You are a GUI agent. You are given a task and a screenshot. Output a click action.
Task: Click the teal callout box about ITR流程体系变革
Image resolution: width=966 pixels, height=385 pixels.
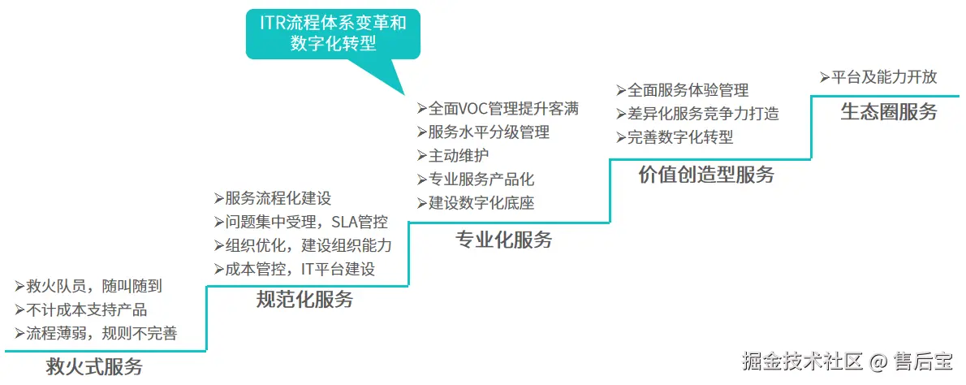tap(333, 32)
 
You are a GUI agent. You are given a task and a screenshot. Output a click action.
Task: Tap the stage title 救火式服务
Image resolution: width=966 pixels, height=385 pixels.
tap(95, 366)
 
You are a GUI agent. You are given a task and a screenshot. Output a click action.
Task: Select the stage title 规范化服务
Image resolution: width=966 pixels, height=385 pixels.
tap(305, 299)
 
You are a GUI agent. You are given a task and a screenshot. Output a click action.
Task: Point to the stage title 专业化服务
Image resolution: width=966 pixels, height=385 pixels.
tap(504, 240)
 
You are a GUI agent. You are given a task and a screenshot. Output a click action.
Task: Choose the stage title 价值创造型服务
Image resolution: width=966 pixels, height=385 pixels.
tap(706, 174)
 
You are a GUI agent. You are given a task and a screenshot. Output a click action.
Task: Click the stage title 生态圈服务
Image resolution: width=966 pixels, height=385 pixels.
tap(889, 111)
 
